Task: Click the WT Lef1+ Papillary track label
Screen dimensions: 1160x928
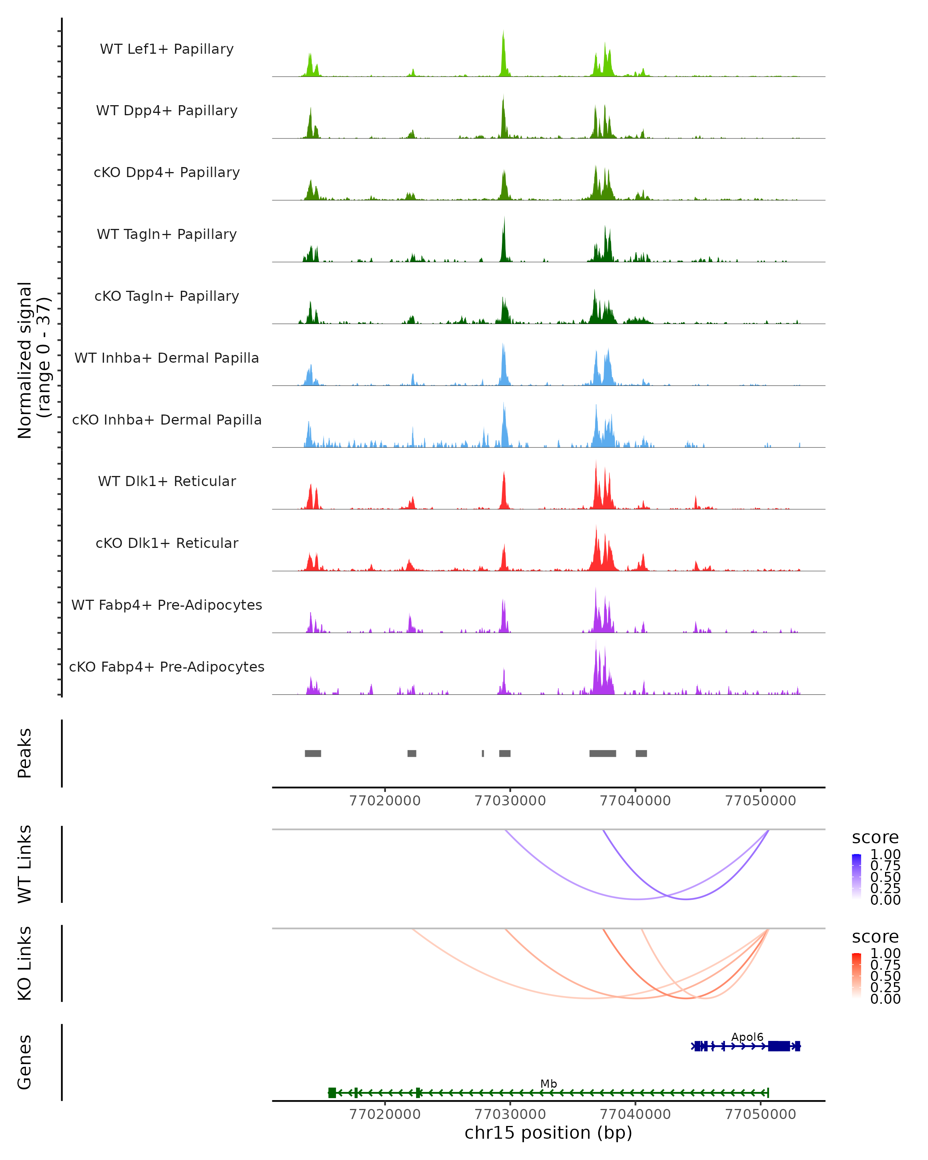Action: coord(167,49)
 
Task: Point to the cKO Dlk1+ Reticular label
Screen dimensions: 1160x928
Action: coord(167,543)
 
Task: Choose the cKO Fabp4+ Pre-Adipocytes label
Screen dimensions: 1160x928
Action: coord(167,667)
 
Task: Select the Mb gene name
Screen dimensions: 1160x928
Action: coord(549,1083)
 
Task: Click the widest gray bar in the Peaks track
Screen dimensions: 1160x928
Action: coord(602,753)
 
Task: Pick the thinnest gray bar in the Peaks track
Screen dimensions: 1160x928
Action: coord(483,753)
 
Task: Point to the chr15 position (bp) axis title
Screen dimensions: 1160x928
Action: coord(548,1133)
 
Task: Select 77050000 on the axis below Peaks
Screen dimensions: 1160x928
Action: coord(760,801)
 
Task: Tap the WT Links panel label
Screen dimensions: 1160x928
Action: coord(25,864)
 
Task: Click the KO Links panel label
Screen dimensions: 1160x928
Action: coord(25,963)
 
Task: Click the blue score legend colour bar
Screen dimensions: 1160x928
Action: coord(856,876)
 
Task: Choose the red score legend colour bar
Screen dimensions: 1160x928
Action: coord(856,975)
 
